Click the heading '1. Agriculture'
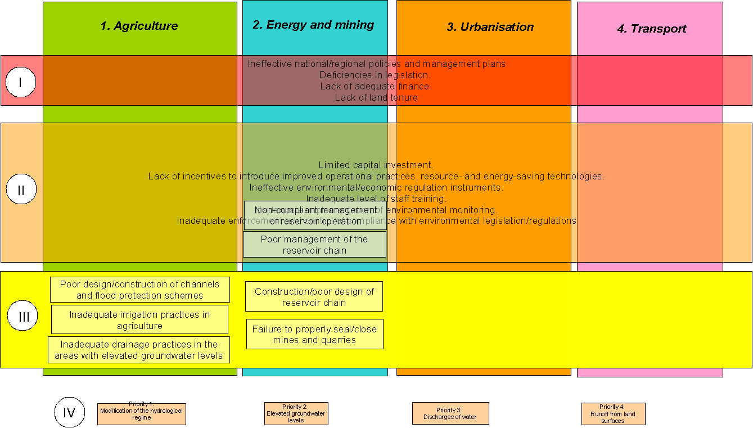tap(139, 26)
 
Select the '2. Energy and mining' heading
tap(313, 25)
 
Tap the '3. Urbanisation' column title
tap(490, 27)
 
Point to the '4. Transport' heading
tap(651, 29)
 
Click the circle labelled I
tap(21, 83)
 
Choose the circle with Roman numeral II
tap(21, 190)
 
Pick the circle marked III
tap(23, 317)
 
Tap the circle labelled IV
tap(69, 412)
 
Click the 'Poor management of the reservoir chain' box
tap(314, 245)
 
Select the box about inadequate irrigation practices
tap(139, 319)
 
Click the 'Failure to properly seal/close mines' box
tap(314, 334)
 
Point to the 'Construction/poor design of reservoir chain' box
tap(314, 296)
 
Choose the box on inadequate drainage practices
tap(139, 350)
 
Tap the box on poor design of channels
tap(140, 290)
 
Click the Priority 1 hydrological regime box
tap(141, 413)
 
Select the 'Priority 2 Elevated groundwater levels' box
tap(296, 413)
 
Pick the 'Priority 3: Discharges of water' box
tap(450, 413)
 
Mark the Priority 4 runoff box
tap(613, 414)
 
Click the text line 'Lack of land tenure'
tap(376, 97)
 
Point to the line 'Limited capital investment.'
tap(376, 165)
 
